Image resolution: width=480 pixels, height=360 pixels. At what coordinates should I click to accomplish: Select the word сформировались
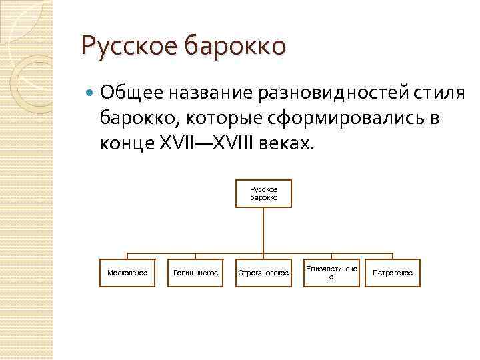[x=341, y=119]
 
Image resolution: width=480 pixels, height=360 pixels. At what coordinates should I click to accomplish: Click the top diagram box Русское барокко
[x=263, y=193]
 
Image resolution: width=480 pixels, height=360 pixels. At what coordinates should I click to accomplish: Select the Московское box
[x=127, y=273]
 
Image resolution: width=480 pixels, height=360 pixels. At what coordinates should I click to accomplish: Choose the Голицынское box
[x=195, y=273]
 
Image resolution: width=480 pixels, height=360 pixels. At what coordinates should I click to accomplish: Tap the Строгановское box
[x=263, y=273]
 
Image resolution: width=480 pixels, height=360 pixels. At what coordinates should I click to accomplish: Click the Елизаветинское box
[x=331, y=273]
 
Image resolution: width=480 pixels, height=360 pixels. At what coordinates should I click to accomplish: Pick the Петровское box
[x=393, y=273]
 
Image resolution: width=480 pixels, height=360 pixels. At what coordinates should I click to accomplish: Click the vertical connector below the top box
[x=263, y=230]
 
